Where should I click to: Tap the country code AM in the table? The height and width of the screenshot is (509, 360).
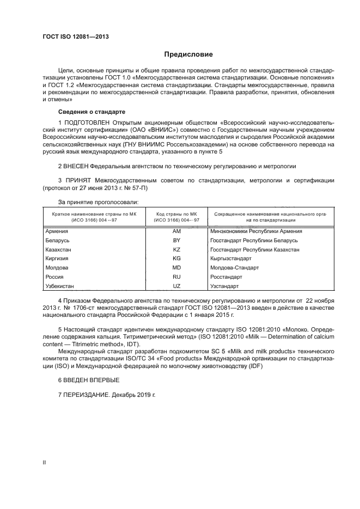[176, 231]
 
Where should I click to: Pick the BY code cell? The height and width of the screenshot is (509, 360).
[176, 240]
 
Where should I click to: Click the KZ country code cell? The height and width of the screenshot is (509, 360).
[176, 249]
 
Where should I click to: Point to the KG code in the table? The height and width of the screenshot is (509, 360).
[176, 259]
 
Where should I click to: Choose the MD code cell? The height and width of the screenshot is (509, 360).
[176, 268]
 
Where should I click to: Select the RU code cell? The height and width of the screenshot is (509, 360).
[176, 277]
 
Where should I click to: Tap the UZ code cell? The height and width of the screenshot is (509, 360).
[176, 286]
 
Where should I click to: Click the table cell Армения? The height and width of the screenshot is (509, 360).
[56, 231]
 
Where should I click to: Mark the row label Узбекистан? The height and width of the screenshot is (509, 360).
[59, 286]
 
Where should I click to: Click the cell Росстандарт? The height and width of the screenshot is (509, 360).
[227, 277]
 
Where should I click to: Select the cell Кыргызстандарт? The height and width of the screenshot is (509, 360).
[231, 259]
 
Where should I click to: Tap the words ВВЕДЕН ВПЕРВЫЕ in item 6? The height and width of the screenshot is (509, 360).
[91, 379]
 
